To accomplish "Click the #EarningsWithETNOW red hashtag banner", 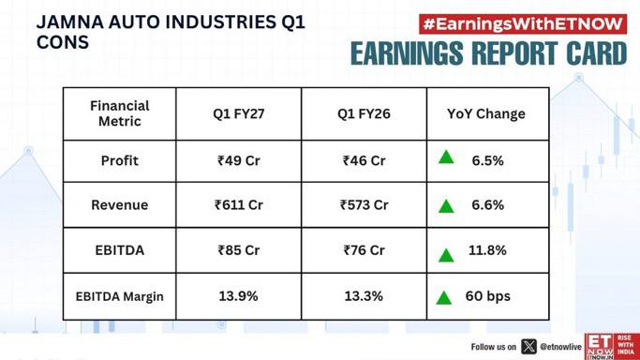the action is click(523, 24).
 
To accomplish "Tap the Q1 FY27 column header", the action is click(238, 113).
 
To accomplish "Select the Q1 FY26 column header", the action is click(364, 113).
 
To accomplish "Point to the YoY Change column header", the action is click(486, 113).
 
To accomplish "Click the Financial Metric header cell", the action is click(120, 113).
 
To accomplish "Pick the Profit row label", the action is click(120, 160).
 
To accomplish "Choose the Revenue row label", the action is click(120, 205).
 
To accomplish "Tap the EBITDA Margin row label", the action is click(120, 296).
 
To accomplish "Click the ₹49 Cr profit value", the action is click(238, 160).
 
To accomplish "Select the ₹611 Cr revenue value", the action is click(239, 204).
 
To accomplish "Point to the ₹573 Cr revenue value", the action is click(365, 204).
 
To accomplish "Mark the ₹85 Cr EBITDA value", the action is click(239, 249).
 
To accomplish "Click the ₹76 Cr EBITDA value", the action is click(365, 249).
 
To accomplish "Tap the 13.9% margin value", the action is click(238, 296).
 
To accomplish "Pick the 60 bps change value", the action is click(488, 296).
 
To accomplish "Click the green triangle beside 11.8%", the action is click(446, 256).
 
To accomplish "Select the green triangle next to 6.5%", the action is click(446, 157).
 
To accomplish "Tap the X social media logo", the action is click(529, 347).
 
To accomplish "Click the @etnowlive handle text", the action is click(560, 347).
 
